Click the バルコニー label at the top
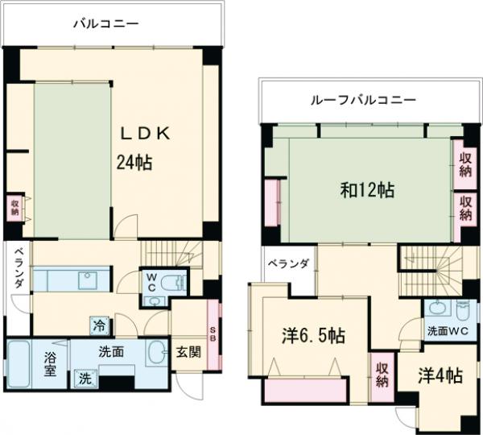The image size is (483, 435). click(x=106, y=24)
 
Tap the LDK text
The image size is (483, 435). click(x=146, y=134)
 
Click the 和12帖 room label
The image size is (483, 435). click(x=367, y=191)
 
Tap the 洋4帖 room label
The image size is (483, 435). click(x=440, y=375)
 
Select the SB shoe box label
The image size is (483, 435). click(x=213, y=332)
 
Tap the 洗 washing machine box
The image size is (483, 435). click(x=85, y=377)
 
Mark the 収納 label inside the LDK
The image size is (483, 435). click(x=15, y=207)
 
